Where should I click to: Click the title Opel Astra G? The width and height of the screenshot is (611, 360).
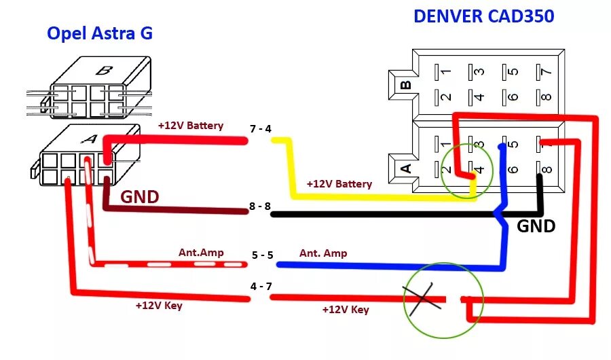tap(100, 33)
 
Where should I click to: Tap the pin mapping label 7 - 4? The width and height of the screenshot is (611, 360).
tap(260, 129)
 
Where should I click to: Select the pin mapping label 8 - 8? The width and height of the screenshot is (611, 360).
tap(260, 206)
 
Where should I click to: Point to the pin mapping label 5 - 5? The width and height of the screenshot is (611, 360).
tap(262, 255)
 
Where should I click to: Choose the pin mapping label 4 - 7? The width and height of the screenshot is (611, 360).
tap(261, 286)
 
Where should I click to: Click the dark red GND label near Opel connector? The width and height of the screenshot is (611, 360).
tap(140, 197)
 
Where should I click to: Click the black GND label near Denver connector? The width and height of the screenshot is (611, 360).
tap(536, 226)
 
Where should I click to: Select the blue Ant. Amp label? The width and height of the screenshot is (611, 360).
tap(323, 253)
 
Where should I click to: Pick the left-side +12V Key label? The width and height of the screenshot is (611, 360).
tap(159, 306)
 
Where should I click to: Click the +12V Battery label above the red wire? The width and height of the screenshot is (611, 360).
tap(190, 126)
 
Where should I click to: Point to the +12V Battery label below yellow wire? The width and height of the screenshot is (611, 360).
tap(339, 184)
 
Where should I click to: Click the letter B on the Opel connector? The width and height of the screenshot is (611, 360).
tap(104, 70)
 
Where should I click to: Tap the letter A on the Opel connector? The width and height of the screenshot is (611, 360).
tap(88, 139)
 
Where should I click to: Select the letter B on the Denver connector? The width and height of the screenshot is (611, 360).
tap(406, 85)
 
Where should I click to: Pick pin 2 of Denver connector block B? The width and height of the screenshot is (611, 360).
tap(446, 96)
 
